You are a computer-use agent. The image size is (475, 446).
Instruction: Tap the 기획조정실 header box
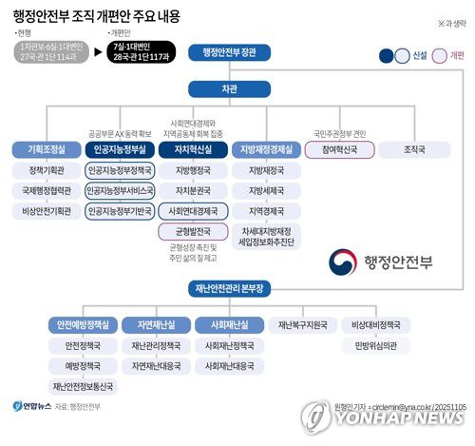pyautogui.click(x=45, y=150)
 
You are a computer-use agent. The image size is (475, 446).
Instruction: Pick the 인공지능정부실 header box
pyautogui.click(x=117, y=150)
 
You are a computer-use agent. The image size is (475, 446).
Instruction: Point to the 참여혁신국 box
pyautogui.click(x=339, y=150)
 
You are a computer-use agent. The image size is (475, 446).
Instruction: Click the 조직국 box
pyautogui.click(x=414, y=150)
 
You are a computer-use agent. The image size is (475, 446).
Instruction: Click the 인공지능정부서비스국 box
pyautogui.click(x=117, y=190)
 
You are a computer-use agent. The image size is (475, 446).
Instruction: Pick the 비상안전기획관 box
pyautogui.click(x=45, y=211)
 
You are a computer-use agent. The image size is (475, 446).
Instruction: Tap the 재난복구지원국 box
pyautogui.click(x=303, y=325)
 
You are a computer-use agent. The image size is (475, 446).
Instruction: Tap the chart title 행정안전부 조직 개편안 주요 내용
pyautogui.click(x=96, y=16)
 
